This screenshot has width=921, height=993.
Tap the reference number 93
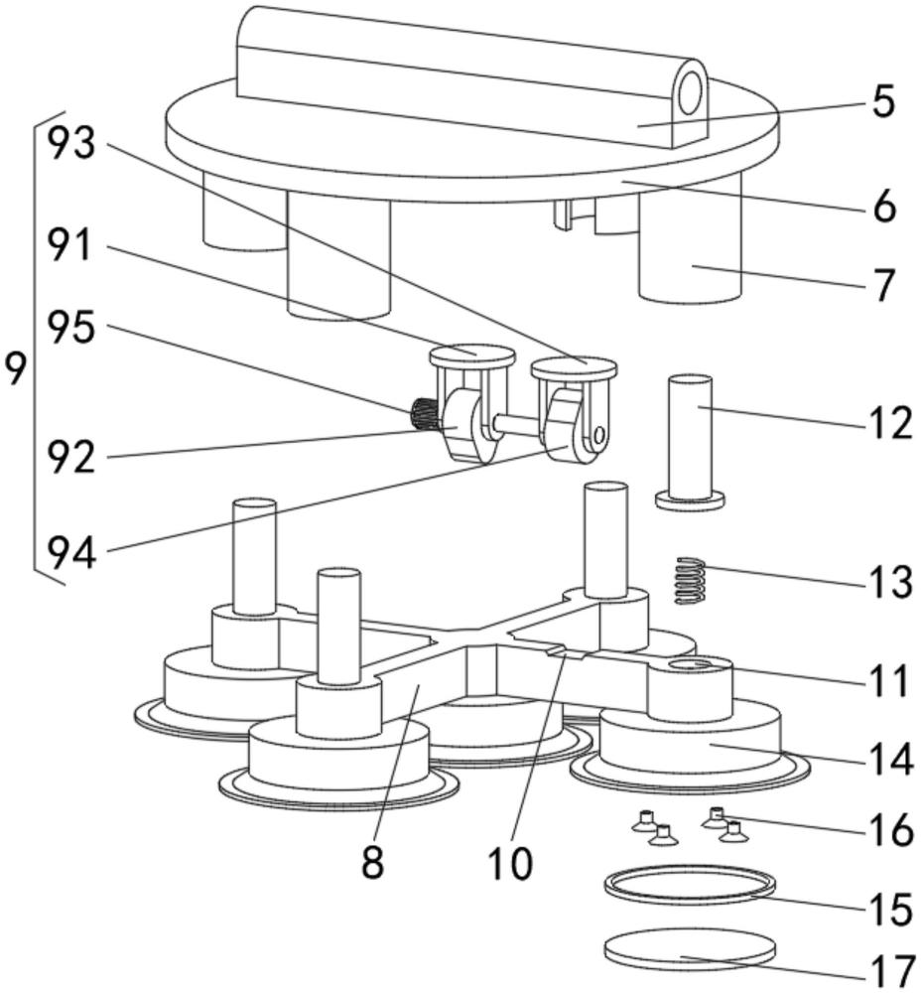click(71, 145)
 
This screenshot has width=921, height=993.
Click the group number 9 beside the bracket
click(14, 370)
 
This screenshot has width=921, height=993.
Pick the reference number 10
click(508, 861)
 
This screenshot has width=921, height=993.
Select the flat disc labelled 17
click(689, 949)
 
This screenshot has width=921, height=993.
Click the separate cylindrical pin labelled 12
click(691, 437)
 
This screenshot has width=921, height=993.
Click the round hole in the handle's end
click(691, 91)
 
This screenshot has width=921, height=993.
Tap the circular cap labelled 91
click(471, 353)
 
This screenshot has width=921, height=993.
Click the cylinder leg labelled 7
click(691, 258)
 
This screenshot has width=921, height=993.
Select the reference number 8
click(372, 861)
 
